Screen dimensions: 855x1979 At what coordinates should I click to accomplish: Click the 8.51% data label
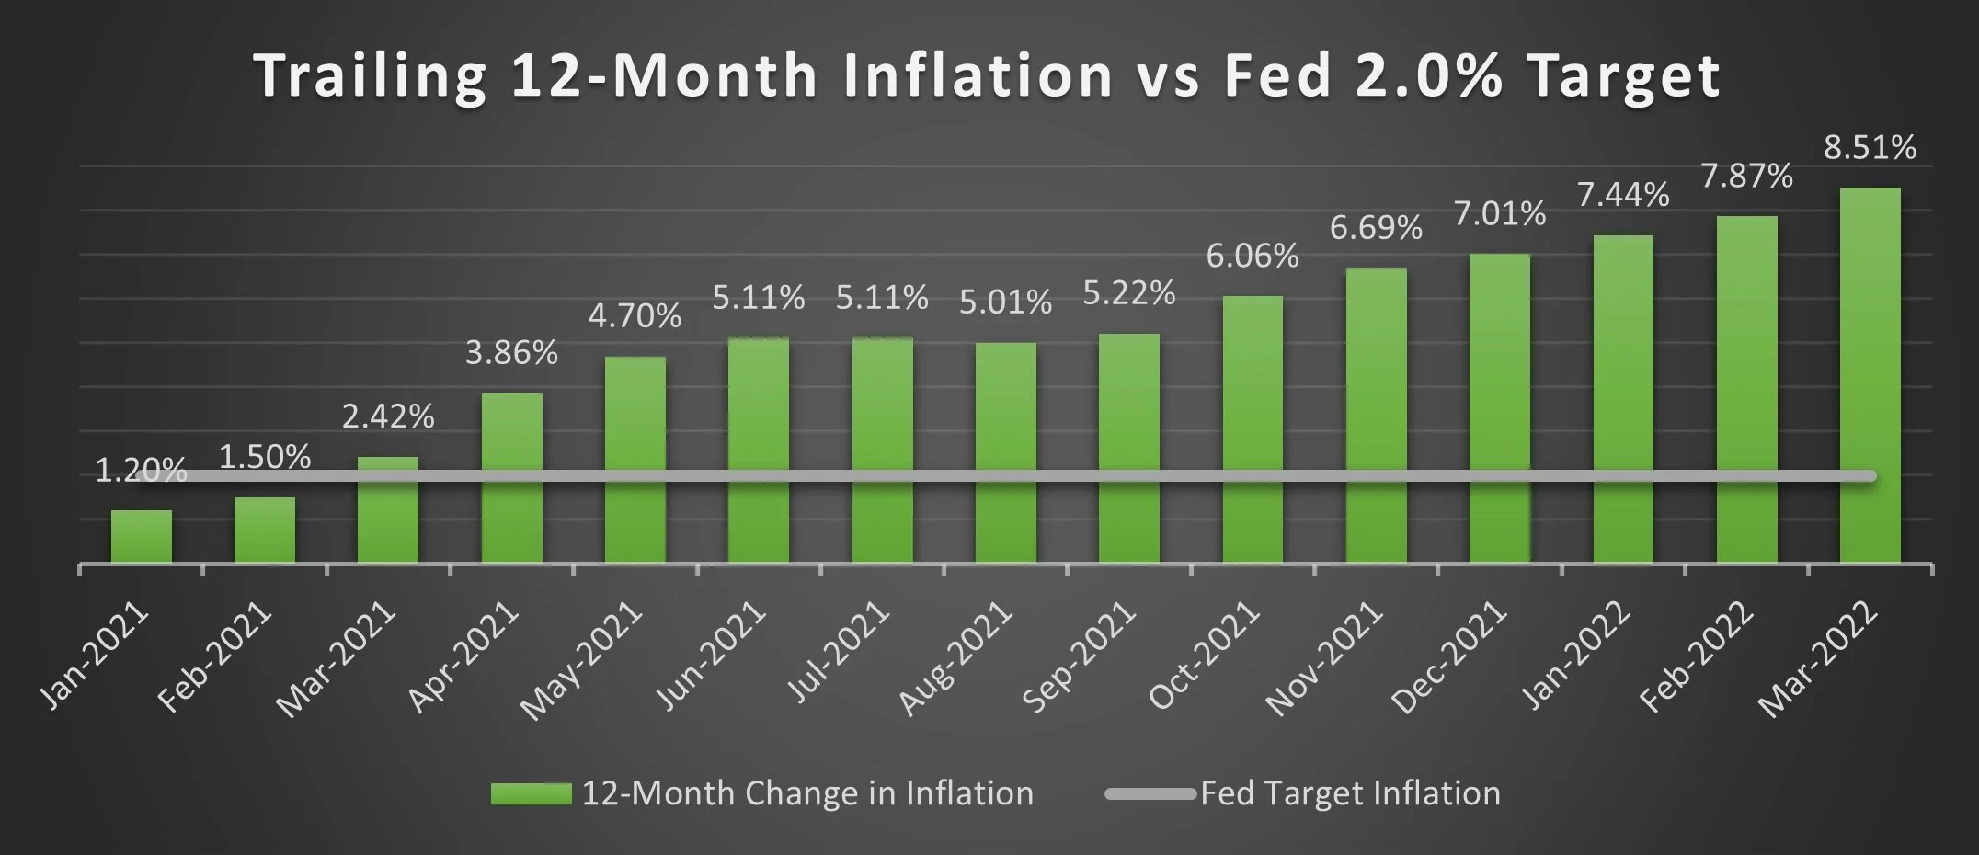coord(1870,147)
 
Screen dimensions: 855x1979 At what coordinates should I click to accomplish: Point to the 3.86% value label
coord(511,352)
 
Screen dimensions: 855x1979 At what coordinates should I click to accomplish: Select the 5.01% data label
coord(1005,302)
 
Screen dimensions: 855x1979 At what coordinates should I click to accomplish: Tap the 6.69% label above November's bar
coord(1376,227)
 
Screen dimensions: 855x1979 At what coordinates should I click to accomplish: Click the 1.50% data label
coord(265,457)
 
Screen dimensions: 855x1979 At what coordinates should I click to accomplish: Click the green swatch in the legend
coord(531,793)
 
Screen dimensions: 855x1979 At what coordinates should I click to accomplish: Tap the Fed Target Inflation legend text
coord(1349,793)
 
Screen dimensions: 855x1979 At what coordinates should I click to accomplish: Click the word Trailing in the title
coord(370,75)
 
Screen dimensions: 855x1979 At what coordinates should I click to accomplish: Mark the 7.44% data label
coord(1623,195)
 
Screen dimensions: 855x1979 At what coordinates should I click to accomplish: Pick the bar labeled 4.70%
coord(635,460)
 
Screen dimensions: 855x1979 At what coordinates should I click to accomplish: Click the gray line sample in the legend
coord(1150,793)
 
